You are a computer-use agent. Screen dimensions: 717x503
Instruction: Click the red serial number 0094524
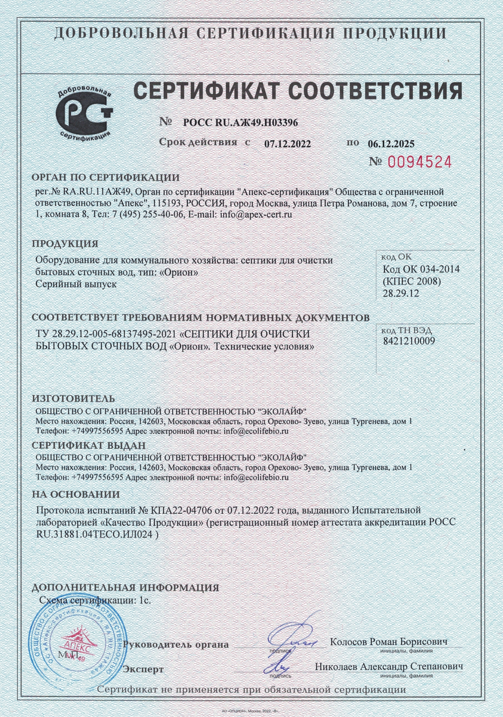pyautogui.click(x=420, y=162)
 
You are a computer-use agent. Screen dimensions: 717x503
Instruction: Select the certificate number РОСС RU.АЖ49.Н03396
pyautogui.click(x=241, y=123)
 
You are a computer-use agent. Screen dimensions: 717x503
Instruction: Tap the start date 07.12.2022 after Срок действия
pyautogui.click(x=287, y=144)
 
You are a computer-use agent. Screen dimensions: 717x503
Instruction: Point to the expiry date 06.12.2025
pyautogui.click(x=391, y=144)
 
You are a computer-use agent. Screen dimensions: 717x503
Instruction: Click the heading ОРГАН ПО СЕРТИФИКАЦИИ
pyautogui.click(x=106, y=177)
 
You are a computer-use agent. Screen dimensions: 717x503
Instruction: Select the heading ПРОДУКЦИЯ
pyautogui.click(x=65, y=244)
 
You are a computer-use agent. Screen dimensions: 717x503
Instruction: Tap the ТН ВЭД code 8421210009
pyautogui.click(x=409, y=341)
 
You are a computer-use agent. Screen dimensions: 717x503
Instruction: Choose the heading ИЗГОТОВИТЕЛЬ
pyautogui.click(x=73, y=399)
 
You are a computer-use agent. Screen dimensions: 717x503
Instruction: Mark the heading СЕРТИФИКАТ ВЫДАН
pyautogui.click(x=89, y=446)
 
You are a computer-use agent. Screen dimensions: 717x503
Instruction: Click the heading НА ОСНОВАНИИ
pyautogui.click(x=76, y=495)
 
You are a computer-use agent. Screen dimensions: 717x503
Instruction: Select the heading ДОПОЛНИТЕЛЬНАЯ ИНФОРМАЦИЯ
pyautogui.click(x=126, y=588)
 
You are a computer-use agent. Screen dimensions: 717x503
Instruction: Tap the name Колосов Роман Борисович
pyautogui.click(x=388, y=642)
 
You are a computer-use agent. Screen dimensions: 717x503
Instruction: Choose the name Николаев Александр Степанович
pyautogui.click(x=389, y=667)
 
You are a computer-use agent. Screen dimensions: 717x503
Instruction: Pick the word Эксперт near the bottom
pyautogui.click(x=143, y=669)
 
